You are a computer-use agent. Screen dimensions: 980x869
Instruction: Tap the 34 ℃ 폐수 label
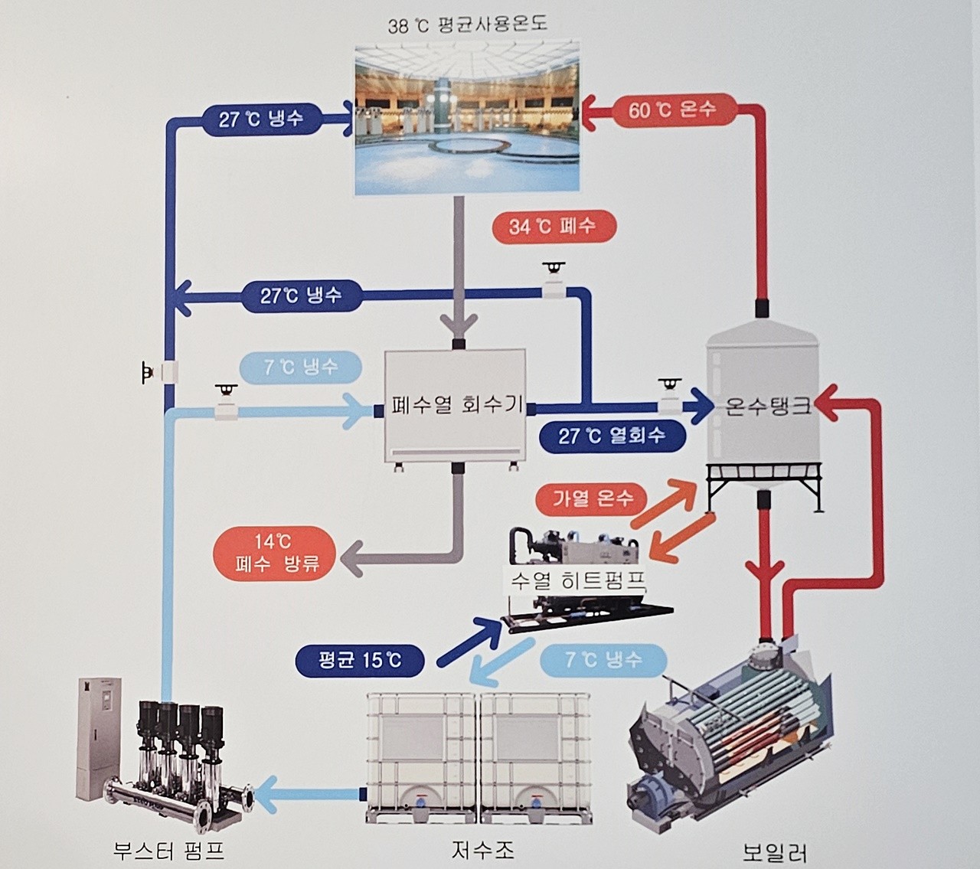point(554,227)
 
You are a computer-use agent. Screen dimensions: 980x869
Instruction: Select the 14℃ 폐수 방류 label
point(275,553)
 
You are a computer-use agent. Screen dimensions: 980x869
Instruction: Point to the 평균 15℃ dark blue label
point(360,660)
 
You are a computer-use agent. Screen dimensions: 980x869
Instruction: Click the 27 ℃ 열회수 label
point(612,436)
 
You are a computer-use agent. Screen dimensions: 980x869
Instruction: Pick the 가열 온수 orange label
point(592,499)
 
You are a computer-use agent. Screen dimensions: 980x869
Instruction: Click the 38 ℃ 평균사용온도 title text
point(468,25)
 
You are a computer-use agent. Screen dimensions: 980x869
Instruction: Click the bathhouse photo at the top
point(468,120)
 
